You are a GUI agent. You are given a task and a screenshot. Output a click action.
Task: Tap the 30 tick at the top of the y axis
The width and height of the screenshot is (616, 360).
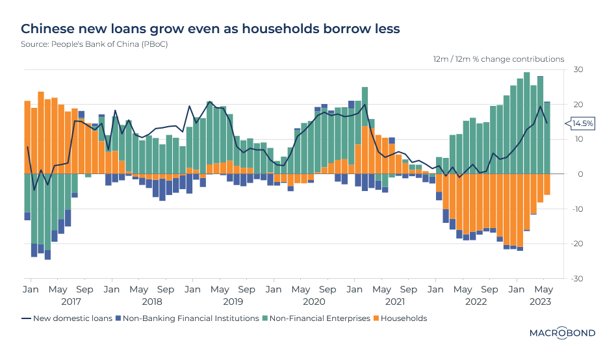pyautogui.click(x=577, y=70)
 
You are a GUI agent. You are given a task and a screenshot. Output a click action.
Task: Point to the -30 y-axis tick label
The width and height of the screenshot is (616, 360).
pyautogui.click(x=576, y=278)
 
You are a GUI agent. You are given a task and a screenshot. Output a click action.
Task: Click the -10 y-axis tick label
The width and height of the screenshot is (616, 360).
pyautogui.click(x=576, y=209)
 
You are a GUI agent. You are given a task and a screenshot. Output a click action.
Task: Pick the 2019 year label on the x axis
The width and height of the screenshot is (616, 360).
pyautogui.click(x=233, y=302)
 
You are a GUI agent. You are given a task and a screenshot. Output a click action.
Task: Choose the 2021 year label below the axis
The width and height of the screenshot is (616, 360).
pyautogui.click(x=395, y=302)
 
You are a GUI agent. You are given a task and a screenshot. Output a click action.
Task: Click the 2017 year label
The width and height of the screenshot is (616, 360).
pyautogui.click(x=71, y=302)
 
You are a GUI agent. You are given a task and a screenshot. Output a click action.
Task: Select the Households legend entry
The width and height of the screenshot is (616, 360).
pyautogui.click(x=404, y=318)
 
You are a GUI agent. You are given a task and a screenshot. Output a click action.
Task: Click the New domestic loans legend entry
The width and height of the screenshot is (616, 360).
pyautogui.click(x=72, y=318)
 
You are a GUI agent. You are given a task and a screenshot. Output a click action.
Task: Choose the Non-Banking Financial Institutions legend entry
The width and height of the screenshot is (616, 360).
pyautogui.click(x=188, y=318)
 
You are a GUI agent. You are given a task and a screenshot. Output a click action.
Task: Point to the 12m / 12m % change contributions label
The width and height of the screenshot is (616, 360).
pyautogui.click(x=498, y=59)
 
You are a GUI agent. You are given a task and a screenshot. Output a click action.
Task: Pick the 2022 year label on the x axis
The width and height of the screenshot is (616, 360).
pyautogui.click(x=476, y=302)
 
